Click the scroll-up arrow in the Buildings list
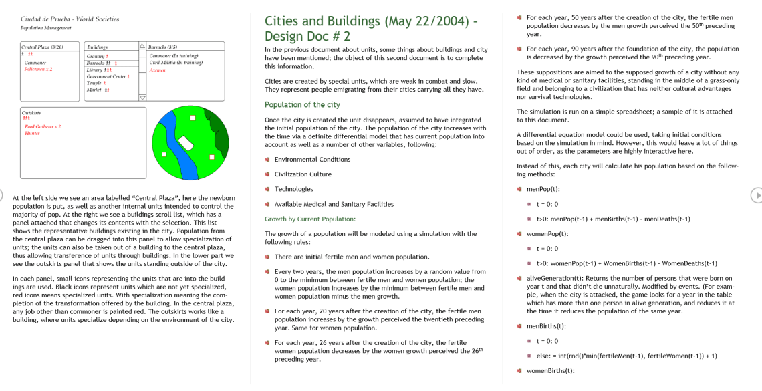142,47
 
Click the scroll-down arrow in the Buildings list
142,98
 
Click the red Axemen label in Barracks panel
157,70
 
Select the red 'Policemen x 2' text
38,69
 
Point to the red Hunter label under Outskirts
32,133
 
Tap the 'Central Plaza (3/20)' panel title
43,47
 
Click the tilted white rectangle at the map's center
186,142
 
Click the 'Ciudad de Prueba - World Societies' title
70,19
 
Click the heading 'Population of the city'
302,104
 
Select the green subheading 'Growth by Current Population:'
310,219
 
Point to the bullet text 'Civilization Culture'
303,174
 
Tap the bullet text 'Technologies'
293,189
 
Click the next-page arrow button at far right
756,195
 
